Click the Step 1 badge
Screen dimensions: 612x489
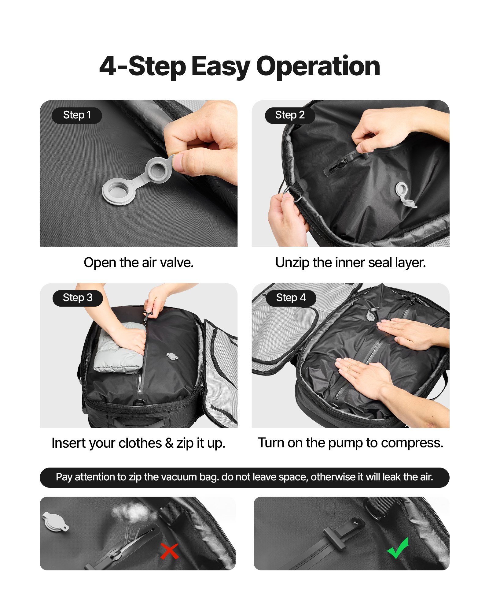click(x=77, y=115)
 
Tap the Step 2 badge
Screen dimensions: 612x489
click(x=290, y=115)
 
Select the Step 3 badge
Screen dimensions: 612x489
click(x=78, y=298)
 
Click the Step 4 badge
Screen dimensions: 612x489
click(x=291, y=298)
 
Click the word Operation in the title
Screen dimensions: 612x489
click(x=318, y=66)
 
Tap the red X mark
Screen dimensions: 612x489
click(x=170, y=551)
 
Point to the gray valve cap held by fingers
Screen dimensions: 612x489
click(x=159, y=170)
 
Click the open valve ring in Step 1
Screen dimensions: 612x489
click(x=118, y=192)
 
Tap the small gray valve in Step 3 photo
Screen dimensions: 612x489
click(x=172, y=356)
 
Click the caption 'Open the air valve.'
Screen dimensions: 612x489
click(x=138, y=263)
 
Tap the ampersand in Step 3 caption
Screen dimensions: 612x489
click(x=169, y=443)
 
